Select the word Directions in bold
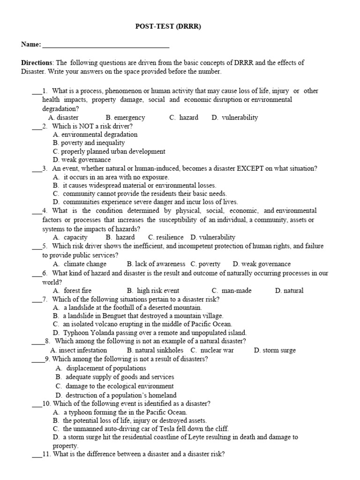click(x=37, y=63)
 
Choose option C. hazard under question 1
click(x=184, y=118)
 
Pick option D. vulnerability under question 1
click(x=234, y=118)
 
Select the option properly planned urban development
click(x=109, y=151)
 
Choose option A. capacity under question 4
click(x=70, y=237)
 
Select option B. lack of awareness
click(x=156, y=264)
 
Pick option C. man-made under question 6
click(x=232, y=291)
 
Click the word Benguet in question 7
click(x=110, y=316)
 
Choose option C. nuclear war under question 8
click(x=212, y=350)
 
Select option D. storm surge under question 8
click(x=275, y=350)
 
